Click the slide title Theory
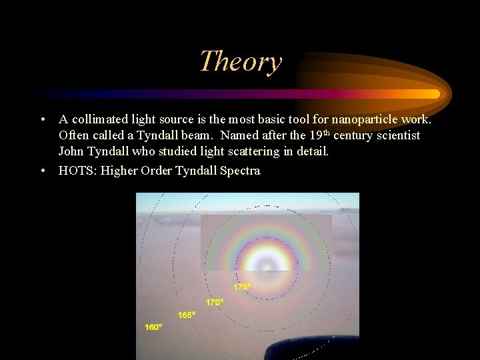tap(240, 61)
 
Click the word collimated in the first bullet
tap(97, 119)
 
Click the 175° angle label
tap(242, 287)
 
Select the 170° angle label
tap(215, 302)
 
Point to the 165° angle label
tap(187, 315)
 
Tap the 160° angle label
tap(154, 327)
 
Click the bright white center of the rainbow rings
tap(267, 265)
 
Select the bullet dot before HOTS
tap(43, 171)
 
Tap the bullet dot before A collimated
tap(43, 119)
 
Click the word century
tap(353, 135)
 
